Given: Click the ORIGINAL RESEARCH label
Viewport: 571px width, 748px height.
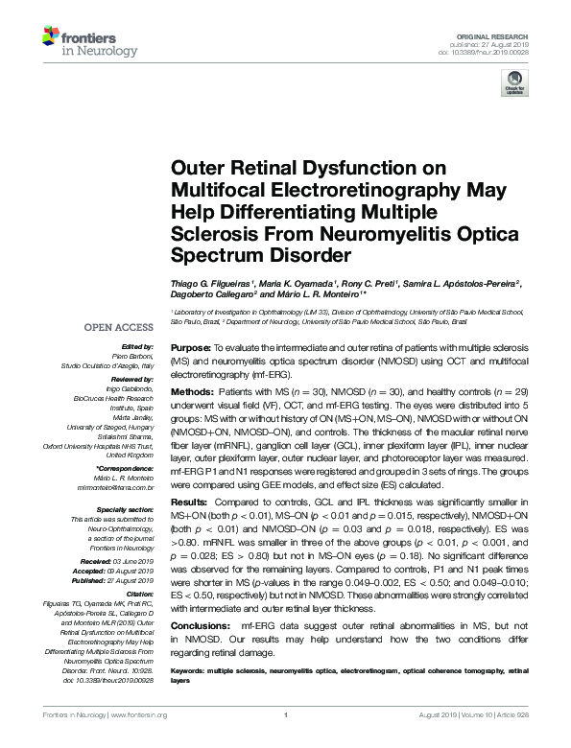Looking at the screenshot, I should coord(502,35).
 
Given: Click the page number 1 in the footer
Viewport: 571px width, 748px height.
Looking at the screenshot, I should coord(286,740).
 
